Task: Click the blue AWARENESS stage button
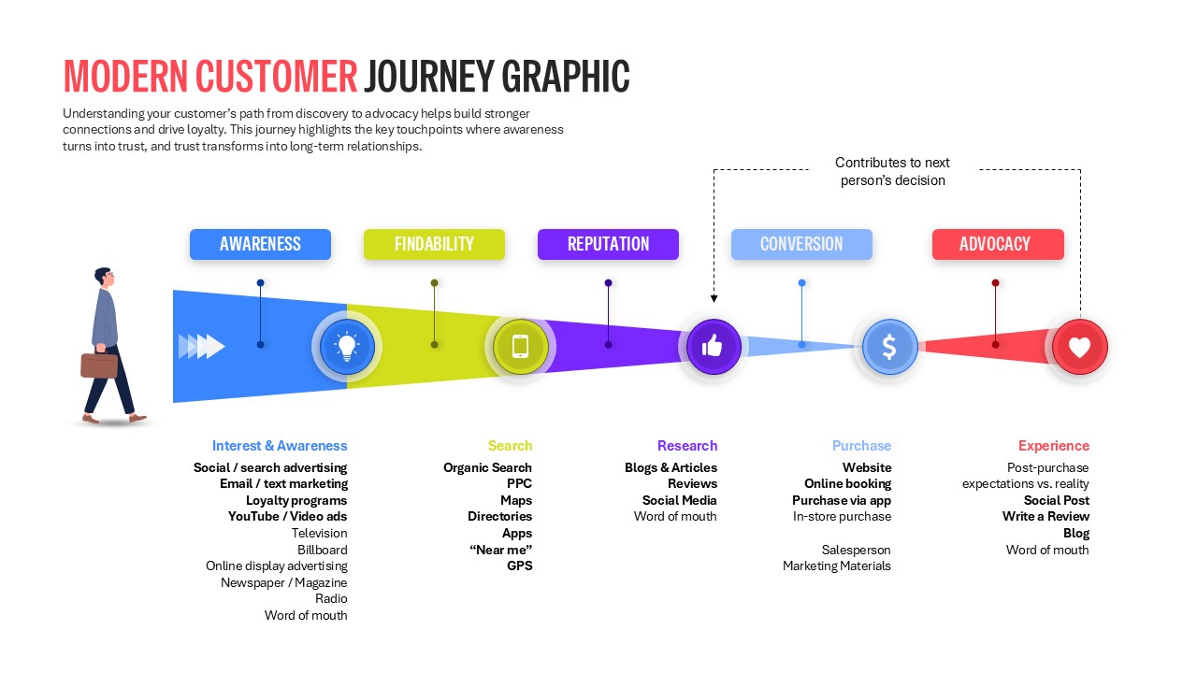(260, 244)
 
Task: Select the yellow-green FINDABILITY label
(434, 244)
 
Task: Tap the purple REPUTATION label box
(608, 244)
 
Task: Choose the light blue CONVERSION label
(801, 244)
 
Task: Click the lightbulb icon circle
(347, 347)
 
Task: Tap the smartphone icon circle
(521, 347)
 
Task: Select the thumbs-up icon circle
(714, 347)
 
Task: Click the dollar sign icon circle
(889, 347)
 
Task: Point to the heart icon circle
(1079, 347)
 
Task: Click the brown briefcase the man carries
(99, 365)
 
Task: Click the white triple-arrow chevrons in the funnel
(202, 347)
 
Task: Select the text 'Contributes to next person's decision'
(892, 171)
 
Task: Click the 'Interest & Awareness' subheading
(280, 446)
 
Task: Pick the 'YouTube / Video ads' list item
(287, 516)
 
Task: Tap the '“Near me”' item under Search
(500, 550)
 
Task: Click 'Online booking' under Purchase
(847, 483)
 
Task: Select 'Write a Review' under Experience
(1046, 516)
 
